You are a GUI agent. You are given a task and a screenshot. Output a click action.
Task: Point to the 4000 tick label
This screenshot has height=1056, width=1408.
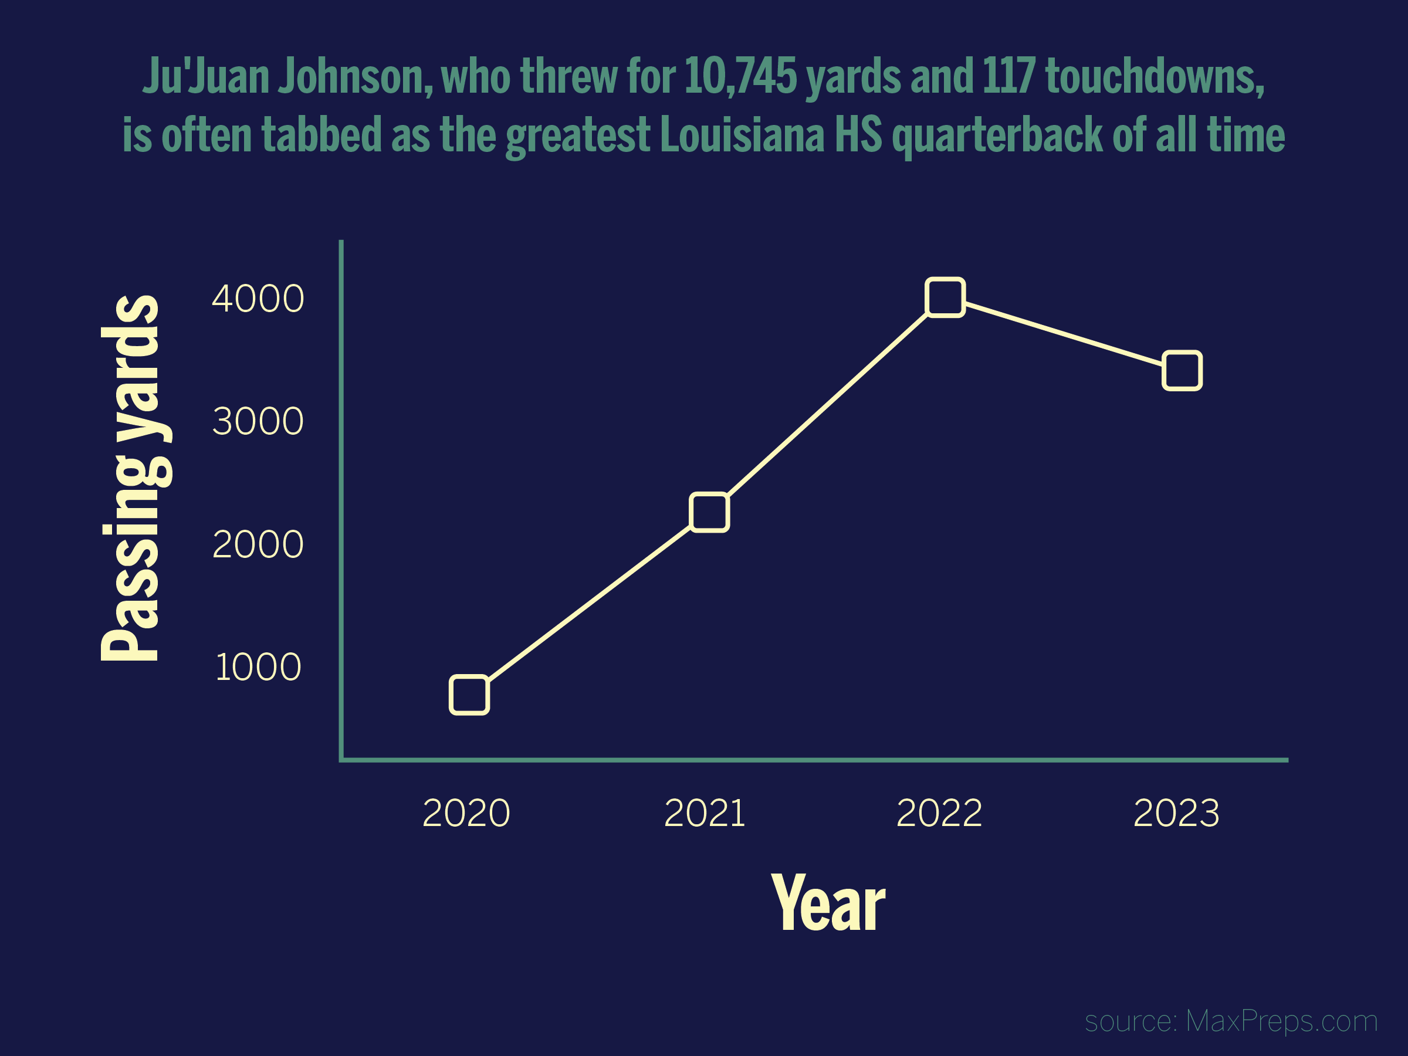[x=258, y=299]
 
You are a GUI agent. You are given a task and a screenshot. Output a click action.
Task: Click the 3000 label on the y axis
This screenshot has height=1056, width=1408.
[x=258, y=421]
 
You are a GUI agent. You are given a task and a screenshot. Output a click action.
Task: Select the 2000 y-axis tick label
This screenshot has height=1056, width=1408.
[x=258, y=544]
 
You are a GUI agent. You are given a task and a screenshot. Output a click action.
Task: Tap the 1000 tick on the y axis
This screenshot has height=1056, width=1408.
[x=258, y=667]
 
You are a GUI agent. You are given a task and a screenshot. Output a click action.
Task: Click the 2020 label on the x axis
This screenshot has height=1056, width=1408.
[x=466, y=813]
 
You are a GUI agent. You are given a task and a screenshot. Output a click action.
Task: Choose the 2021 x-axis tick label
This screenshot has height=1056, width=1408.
[x=704, y=813]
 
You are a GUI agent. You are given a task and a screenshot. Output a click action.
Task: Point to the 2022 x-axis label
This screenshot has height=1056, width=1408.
[x=939, y=813]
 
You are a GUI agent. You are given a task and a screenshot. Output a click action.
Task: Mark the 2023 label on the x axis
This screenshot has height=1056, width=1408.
[x=1176, y=813]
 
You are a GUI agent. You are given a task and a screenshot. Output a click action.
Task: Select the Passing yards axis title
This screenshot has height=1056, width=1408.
[x=135, y=478]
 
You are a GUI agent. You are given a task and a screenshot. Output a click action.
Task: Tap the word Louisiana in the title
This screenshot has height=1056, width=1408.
[x=742, y=135]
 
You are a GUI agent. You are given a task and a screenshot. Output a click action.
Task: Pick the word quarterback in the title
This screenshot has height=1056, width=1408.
[x=997, y=137]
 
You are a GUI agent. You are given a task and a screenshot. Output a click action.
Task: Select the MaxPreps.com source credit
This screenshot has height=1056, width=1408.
[x=1281, y=1021]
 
